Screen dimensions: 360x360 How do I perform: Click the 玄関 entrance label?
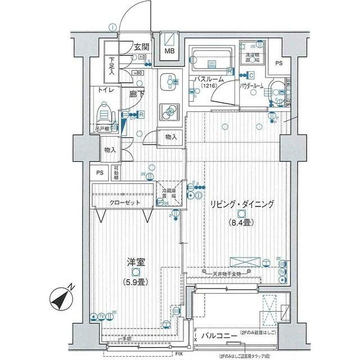tap(141, 47)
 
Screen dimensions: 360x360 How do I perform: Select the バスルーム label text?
tap(209, 80)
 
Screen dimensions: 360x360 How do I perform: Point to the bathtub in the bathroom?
tap(210, 57)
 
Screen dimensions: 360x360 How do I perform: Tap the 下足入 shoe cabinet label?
tap(111, 66)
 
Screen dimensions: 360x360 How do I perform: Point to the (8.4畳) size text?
tap(240, 223)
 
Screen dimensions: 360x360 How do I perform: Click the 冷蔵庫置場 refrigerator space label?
tap(169, 194)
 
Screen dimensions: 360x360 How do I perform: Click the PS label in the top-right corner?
tap(279, 64)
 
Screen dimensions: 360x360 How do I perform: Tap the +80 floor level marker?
tap(138, 73)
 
